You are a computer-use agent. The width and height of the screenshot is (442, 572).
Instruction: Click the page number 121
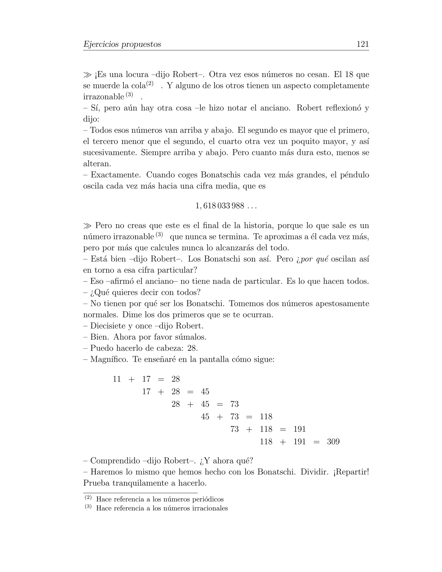[x=363, y=44]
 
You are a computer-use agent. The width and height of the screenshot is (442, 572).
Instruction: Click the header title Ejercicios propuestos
[x=122, y=44]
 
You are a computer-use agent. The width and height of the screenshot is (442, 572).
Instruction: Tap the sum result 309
[x=333, y=442]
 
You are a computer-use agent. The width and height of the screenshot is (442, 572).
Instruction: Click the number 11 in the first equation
[x=117, y=379]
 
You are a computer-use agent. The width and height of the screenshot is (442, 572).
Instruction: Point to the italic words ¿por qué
[x=312, y=259]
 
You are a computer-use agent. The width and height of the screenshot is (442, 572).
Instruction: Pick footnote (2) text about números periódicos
[x=160, y=499]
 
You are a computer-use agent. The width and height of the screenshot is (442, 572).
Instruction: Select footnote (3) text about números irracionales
[x=162, y=508]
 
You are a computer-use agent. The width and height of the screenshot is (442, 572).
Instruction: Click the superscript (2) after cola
[x=150, y=84]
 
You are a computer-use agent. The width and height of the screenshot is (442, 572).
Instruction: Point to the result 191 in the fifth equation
[x=300, y=429]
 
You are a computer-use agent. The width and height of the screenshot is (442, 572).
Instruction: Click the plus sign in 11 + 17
[x=131, y=379]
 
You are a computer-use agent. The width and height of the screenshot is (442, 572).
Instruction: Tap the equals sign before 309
[x=316, y=442]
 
